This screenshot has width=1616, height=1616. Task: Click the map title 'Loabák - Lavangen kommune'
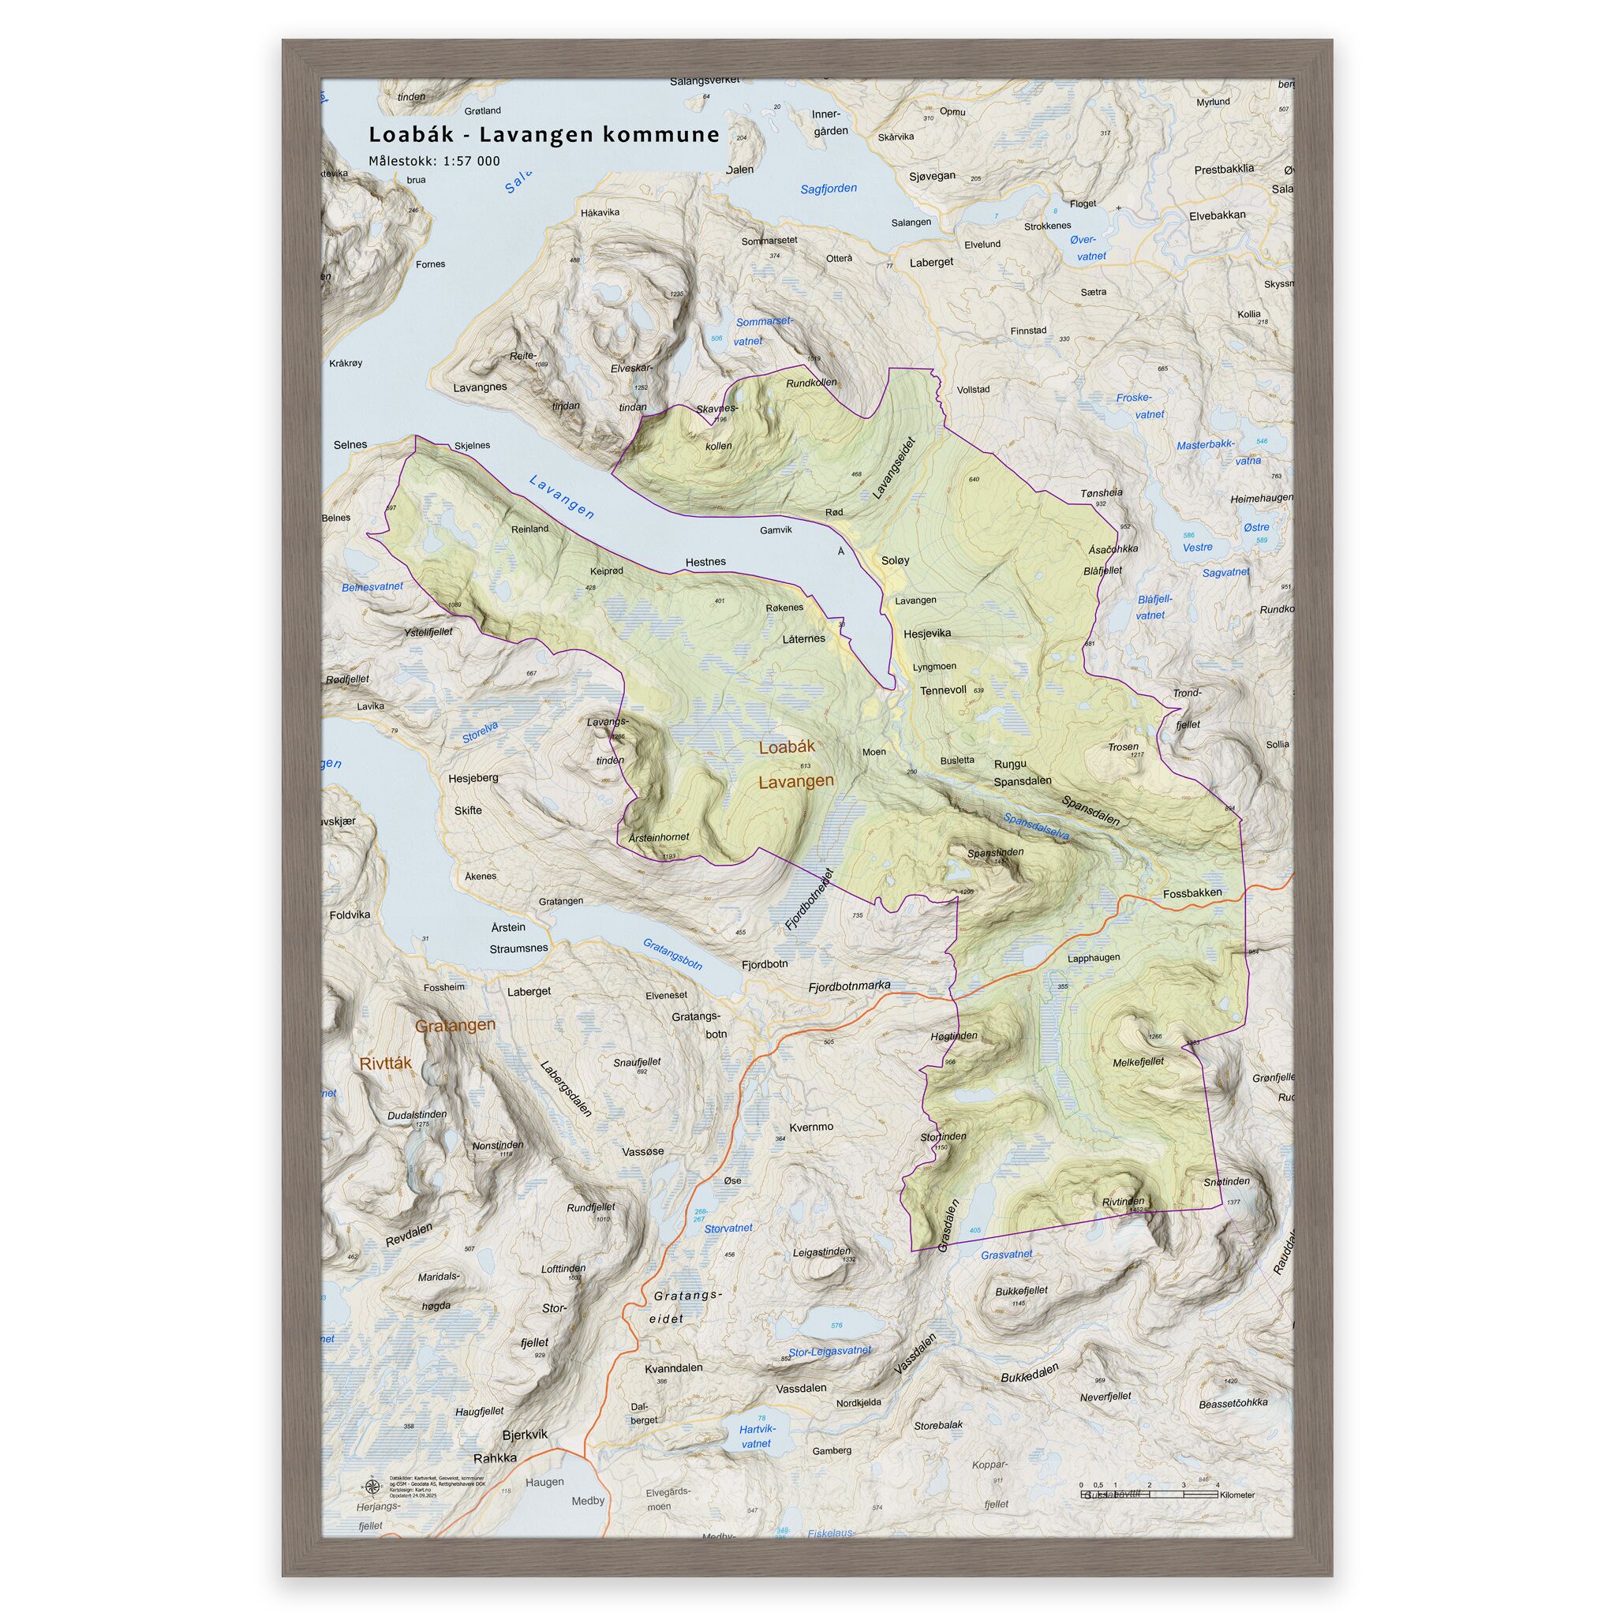[x=544, y=135]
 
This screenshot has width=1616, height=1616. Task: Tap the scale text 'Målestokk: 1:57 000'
[x=434, y=162]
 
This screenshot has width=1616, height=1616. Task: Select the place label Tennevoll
[x=943, y=690]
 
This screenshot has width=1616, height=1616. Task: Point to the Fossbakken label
[x=1192, y=893]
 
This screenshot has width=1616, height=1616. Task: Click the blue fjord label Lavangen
[x=561, y=497]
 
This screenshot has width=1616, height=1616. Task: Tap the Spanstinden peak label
[x=994, y=853]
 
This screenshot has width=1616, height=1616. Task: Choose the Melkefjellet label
[x=1138, y=1062]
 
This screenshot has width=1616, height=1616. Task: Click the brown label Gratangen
[x=455, y=1025]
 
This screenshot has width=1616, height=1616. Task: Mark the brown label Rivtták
[x=386, y=1063]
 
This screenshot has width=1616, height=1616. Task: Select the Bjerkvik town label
[x=525, y=1435]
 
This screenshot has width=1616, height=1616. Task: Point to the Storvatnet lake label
[x=728, y=1229]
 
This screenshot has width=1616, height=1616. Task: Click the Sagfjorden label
[x=828, y=189]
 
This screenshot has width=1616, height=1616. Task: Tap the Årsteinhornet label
[x=658, y=837]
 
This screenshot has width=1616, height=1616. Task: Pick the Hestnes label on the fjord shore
[x=705, y=562]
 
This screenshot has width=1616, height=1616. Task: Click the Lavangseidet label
[x=894, y=469]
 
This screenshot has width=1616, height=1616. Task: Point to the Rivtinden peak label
[x=1123, y=1202]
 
